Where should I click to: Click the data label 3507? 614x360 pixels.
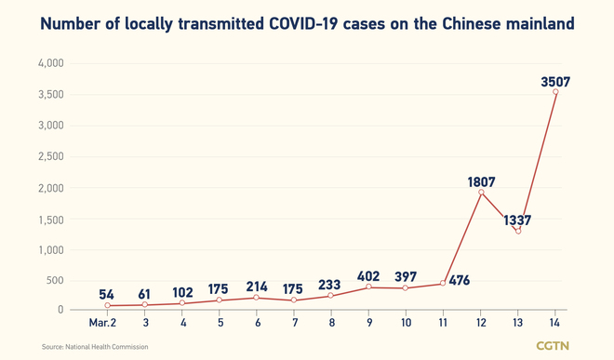tap(554, 82)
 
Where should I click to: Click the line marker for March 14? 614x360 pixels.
tap(555, 92)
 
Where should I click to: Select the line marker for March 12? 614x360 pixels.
tap(482, 193)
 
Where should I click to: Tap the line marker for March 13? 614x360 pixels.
tap(518, 231)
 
